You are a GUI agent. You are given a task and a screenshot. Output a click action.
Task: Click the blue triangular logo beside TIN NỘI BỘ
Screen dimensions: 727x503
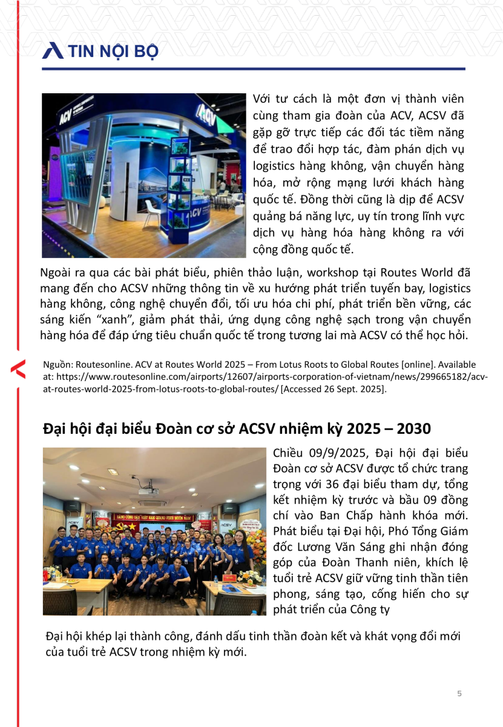pyautogui.click(x=53, y=51)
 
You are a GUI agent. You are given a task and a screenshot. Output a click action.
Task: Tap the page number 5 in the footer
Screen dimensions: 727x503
pyautogui.click(x=459, y=694)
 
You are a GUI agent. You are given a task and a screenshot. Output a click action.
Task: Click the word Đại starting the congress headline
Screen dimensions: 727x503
pyautogui.click(x=54, y=429)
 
